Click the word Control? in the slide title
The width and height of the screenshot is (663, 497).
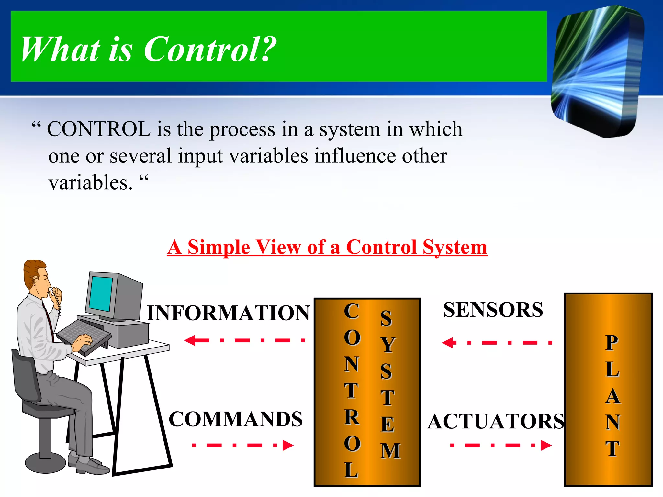click(x=210, y=49)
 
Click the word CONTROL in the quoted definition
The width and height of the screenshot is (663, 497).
click(x=99, y=129)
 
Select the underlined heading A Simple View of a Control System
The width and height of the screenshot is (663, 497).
click(x=327, y=247)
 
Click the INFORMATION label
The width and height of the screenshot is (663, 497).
click(x=228, y=313)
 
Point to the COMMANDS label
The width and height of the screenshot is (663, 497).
click(x=235, y=419)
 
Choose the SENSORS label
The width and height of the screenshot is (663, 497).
click(x=493, y=310)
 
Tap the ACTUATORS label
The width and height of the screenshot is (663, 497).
click(x=496, y=421)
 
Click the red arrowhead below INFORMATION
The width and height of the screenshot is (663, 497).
click(x=191, y=340)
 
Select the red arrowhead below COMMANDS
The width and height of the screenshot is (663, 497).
click(x=287, y=445)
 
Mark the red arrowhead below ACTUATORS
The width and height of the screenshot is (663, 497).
click(x=545, y=445)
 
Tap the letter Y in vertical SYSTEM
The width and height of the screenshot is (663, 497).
click(x=388, y=345)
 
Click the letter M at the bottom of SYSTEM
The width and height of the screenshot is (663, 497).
click(x=390, y=451)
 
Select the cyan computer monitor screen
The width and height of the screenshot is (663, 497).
click(x=101, y=293)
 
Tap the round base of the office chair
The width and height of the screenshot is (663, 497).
click(x=46, y=463)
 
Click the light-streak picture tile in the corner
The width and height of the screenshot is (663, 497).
click(x=597, y=71)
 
